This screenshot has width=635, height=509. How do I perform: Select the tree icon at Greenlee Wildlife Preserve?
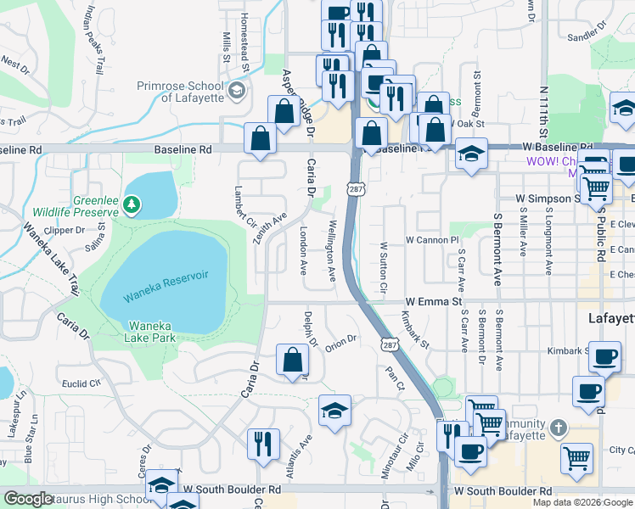[x=131, y=204]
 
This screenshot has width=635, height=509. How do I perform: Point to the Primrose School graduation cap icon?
[x=237, y=90]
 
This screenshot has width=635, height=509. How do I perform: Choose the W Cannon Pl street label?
[x=432, y=241]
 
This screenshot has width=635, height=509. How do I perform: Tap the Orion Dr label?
[x=340, y=340]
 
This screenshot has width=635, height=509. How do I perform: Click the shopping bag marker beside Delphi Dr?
[x=292, y=360]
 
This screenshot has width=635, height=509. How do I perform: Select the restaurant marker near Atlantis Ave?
[x=263, y=443]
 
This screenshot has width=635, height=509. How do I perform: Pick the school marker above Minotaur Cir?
[x=334, y=412]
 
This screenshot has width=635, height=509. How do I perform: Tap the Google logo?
[x=28, y=499]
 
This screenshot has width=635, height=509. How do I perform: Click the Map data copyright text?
[x=582, y=502]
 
